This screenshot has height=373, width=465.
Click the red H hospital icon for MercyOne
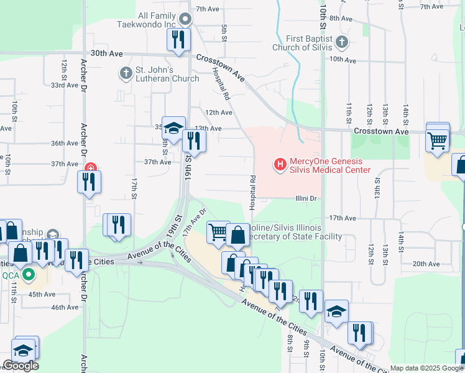click(x=280, y=165)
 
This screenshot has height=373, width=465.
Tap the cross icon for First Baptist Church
click(x=341, y=42)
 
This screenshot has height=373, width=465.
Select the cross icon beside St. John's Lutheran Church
click(x=126, y=73)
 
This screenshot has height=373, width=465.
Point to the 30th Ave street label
click(x=106, y=54)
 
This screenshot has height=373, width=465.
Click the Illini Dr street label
click(x=306, y=199)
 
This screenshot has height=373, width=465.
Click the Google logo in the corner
click(x=21, y=366)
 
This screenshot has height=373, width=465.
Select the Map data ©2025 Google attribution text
click(x=426, y=368)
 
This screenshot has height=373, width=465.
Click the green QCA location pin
click(x=27, y=274)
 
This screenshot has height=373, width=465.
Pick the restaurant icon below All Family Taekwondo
click(x=178, y=39)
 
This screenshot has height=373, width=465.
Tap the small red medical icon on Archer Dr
click(x=91, y=168)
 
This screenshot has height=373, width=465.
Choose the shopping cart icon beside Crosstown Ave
click(x=438, y=140)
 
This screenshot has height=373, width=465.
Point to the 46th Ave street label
click(x=65, y=307)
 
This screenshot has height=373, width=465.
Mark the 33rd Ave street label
click(x=65, y=85)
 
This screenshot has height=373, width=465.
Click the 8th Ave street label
click(x=342, y=18)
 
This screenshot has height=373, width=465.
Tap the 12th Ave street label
click(x=218, y=113)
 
